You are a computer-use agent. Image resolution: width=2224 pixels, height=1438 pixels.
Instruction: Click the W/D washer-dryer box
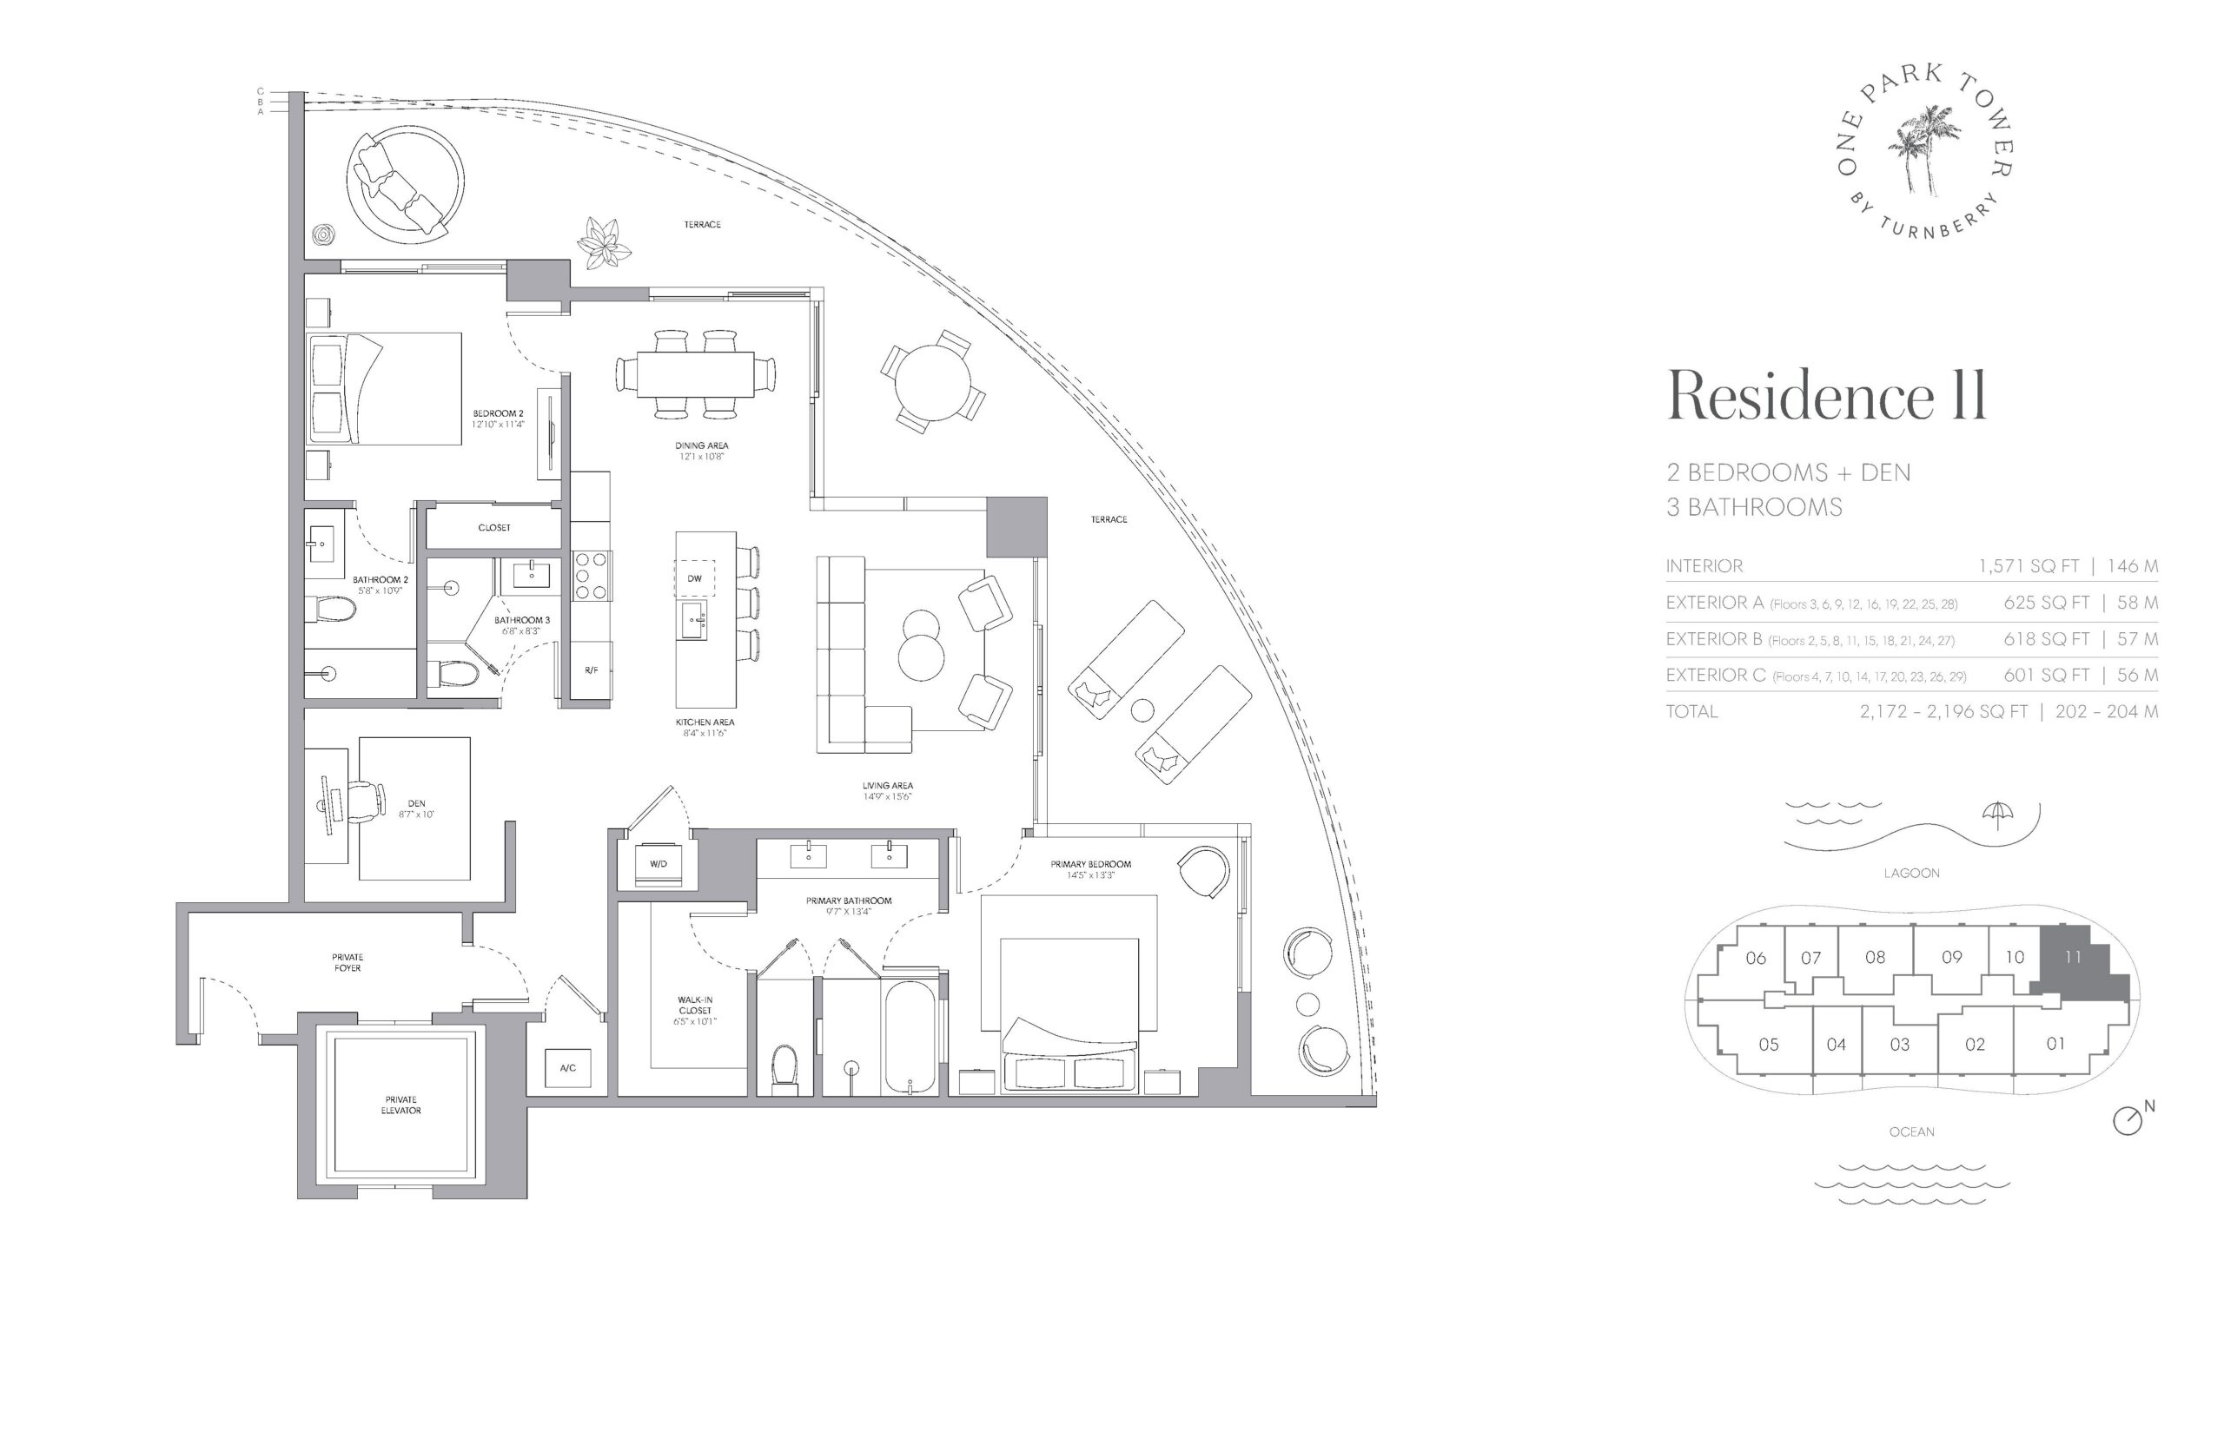658,864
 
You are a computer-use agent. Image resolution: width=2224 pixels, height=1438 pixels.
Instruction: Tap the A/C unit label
567,1067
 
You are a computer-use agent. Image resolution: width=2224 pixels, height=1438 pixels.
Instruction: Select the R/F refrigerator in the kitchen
592,670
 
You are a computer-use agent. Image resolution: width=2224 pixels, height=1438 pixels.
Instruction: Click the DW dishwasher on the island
694,578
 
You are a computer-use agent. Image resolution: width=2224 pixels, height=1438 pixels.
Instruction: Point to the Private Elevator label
400,1105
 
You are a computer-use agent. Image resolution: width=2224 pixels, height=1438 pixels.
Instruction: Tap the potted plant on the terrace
604,243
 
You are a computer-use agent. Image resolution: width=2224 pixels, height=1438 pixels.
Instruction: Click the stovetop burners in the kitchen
592,576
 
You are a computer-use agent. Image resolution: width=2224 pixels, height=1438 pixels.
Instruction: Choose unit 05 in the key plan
1768,1044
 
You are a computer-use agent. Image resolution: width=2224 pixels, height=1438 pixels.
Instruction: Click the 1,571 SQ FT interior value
2028,566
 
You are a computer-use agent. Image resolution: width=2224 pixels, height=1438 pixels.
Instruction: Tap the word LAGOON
1911,873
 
